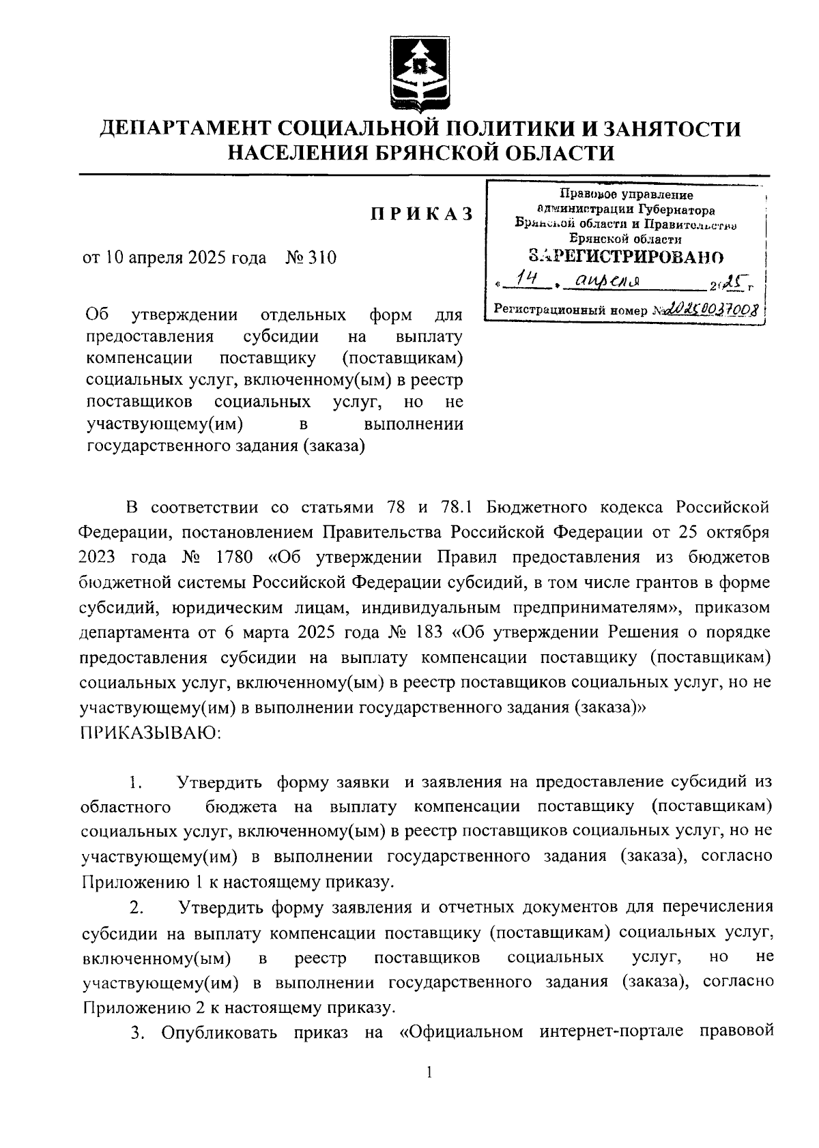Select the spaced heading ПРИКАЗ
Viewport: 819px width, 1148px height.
tap(422, 214)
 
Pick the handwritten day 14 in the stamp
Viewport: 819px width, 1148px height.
tap(528, 278)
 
